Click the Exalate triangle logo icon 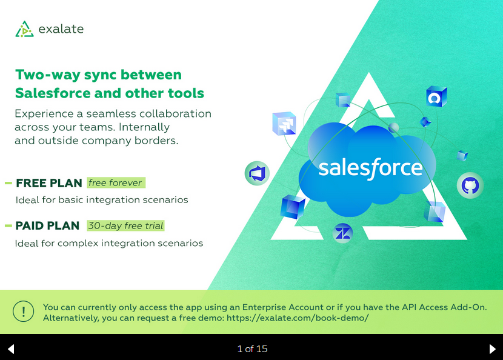pyautogui.click(x=24, y=29)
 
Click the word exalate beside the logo pyautogui.click(x=61, y=29)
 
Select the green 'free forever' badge pyautogui.click(x=116, y=182)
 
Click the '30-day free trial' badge pyautogui.click(x=126, y=225)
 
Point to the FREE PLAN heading pyautogui.click(x=49, y=183)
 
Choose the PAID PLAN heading pyautogui.click(x=47, y=225)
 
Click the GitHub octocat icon pyautogui.click(x=470, y=185)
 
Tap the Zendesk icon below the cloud pyautogui.click(x=343, y=233)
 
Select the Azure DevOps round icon pyautogui.click(x=258, y=173)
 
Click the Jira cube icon pyautogui.click(x=284, y=124)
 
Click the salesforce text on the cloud pyautogui.click(x=370, y=168)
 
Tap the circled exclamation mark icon pyautogui.click(x=24, y=312)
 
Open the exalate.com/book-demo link pyautogui.click(x=298, y=318)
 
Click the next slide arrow pyautogui.click(x=493, y=348)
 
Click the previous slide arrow pyautogui.click(x=11, y=348)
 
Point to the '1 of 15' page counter pyautogui.click(x=252, y=348)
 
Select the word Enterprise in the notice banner pyautogui.click(x=264, y=307)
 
